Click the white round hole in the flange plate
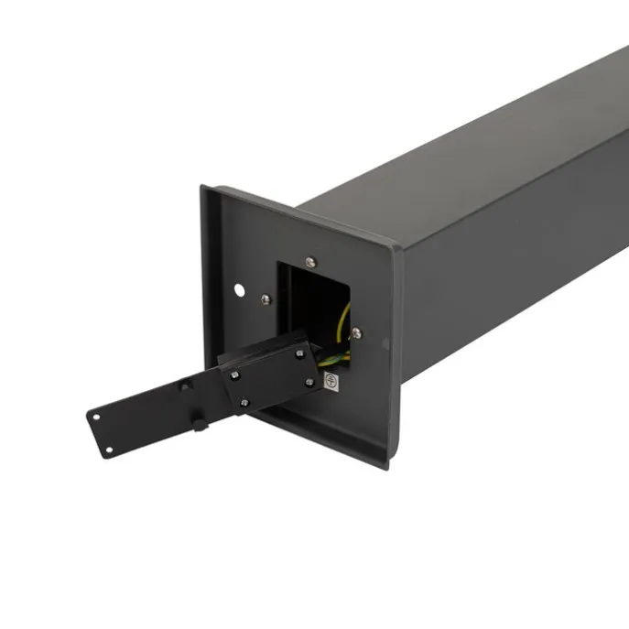click(240, 290)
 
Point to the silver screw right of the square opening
click(356, 333)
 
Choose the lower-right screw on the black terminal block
click(309, 382)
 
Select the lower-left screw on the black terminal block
click(244, 402)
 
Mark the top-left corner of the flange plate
click(203, 188)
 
